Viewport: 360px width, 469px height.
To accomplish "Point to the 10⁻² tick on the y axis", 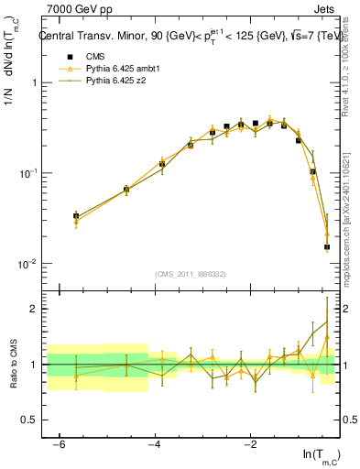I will tap(34, 264).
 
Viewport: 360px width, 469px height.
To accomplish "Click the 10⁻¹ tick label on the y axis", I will tap(34, 173).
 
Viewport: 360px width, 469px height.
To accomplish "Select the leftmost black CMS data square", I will tap(76, 216).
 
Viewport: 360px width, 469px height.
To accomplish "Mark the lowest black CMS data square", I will tap(327, 247).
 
